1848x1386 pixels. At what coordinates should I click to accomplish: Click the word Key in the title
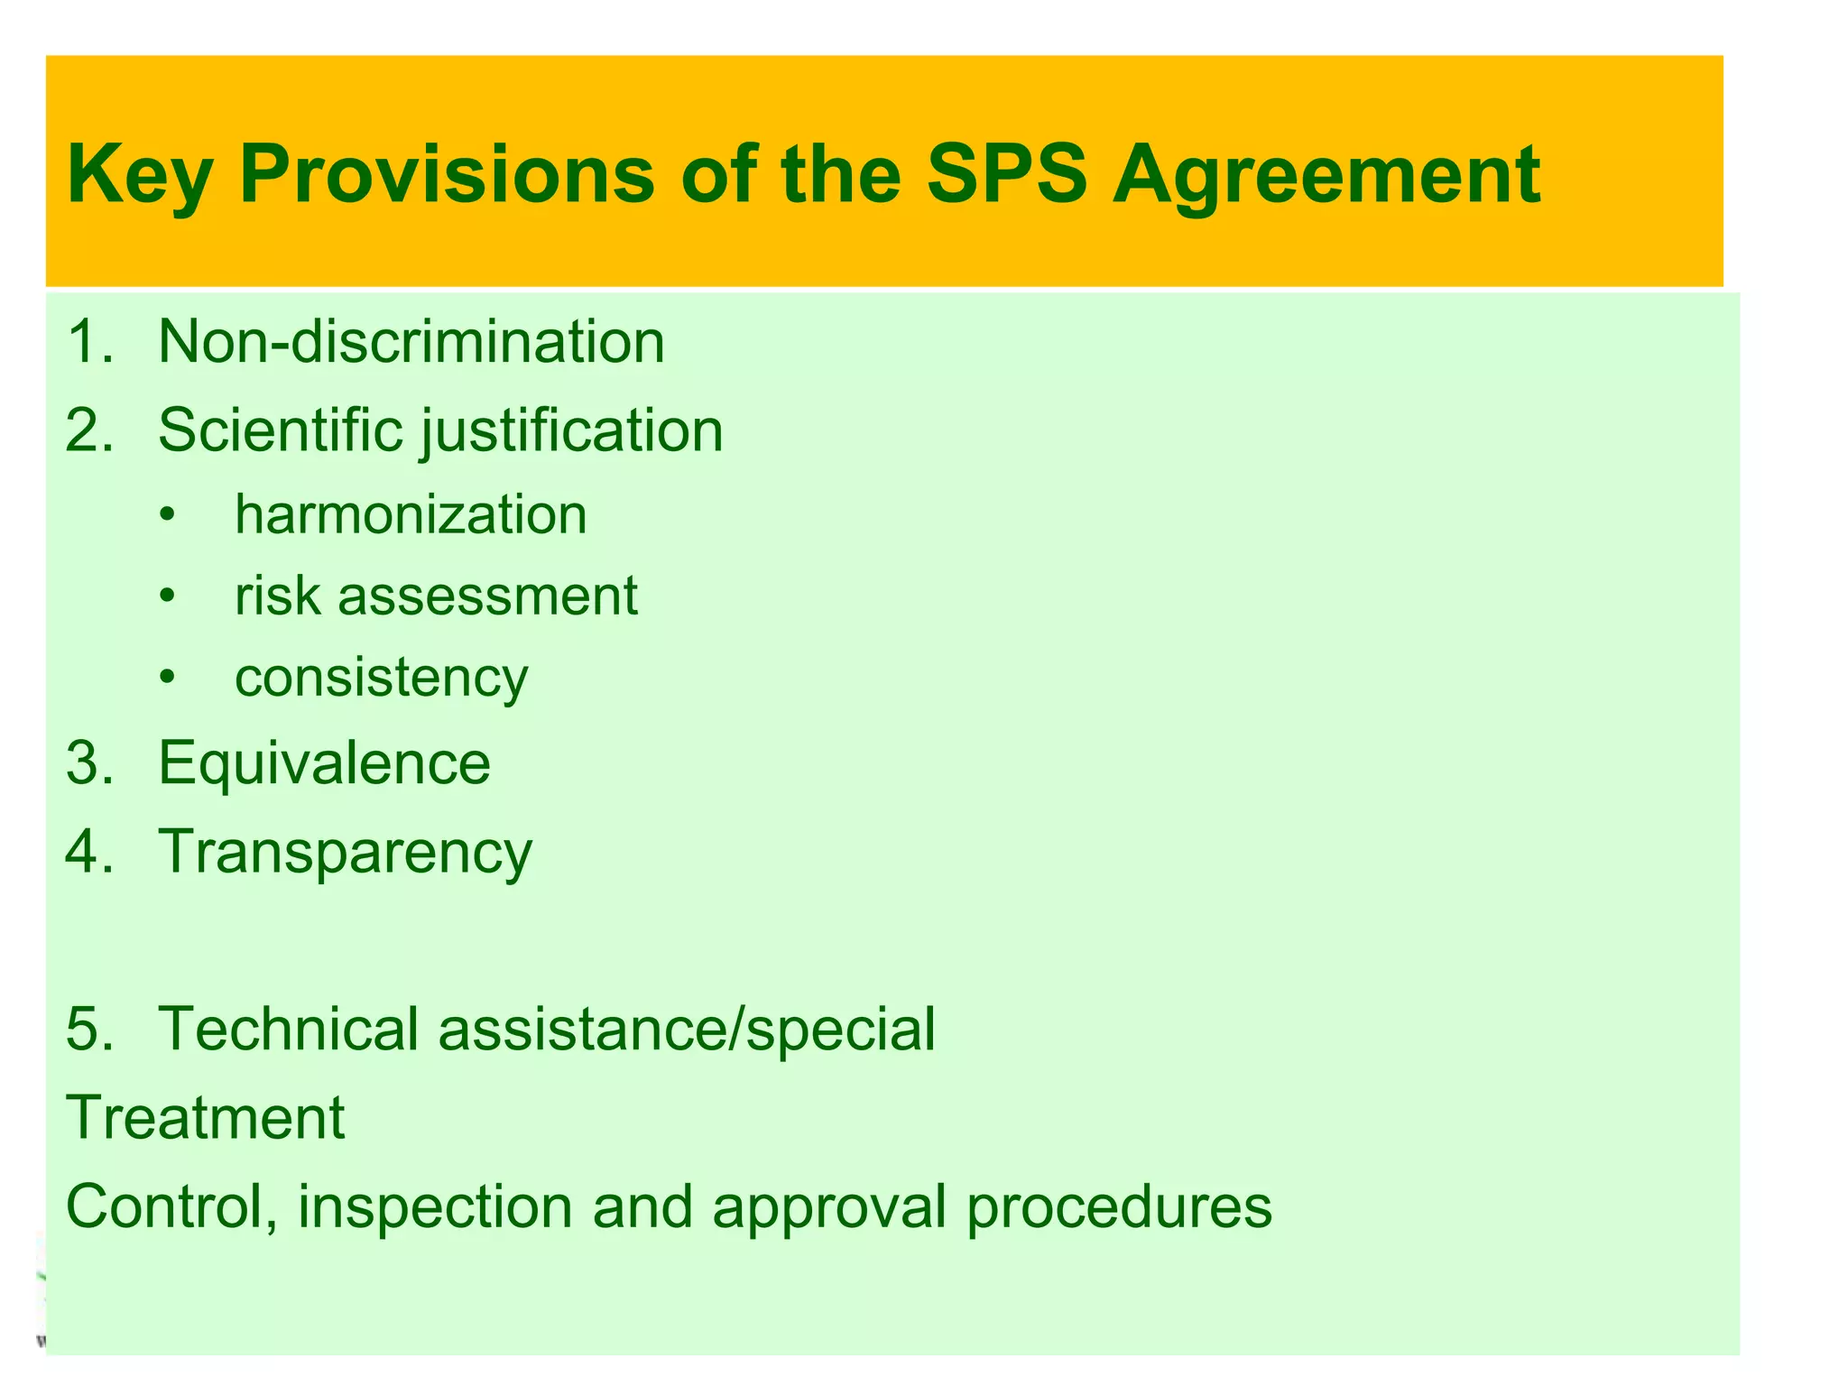[x=139, y=175]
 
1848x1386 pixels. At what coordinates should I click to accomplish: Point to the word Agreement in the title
[x=1326, y=175]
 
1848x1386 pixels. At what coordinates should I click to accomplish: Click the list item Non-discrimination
[x=411, y=342]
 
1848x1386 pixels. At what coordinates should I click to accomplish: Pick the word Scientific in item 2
[x=280, y=430]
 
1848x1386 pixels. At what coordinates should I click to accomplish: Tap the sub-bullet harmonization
[x=411, y=514]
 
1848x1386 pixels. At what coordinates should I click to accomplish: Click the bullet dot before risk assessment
[x=166, y=596]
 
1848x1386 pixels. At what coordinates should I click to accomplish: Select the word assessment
[x=487, y=596]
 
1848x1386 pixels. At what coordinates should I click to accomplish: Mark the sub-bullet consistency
[x=381, y=679]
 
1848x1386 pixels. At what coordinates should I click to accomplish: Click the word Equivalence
[x=324, y=762]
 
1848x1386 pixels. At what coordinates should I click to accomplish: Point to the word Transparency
[x=345, y=852]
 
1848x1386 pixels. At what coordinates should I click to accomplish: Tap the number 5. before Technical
[x=90, y=1029]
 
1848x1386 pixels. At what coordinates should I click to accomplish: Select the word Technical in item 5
[x=289, y=1029]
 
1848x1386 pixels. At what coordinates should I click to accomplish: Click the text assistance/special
[x=687, y=1029]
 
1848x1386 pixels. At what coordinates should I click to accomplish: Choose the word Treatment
[x=206, y=1117]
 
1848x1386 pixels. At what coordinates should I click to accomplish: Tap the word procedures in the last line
[x=1119, y=1206]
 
